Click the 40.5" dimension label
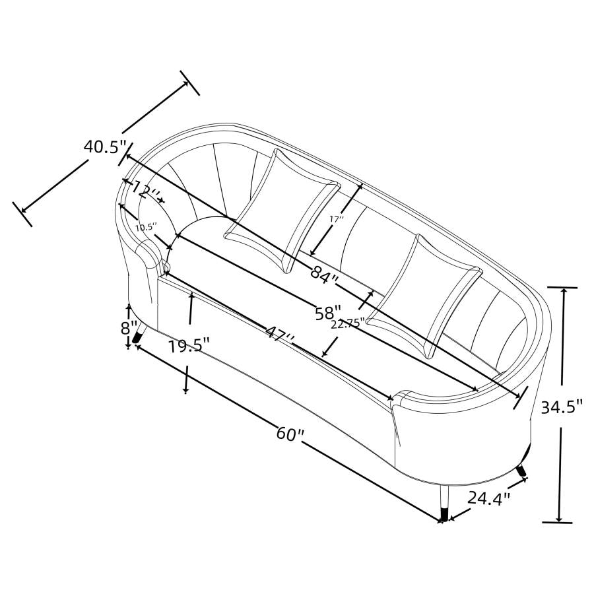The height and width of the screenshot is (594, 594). [x=105, y=147]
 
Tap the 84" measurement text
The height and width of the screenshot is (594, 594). [x=324, y=272]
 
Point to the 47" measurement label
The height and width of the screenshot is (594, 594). [x=280, y=333]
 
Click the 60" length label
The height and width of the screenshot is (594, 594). [x=290, y=434]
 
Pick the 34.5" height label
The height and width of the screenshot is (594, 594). [x=561, y=407]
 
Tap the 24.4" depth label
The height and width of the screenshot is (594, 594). [x=489, y=498]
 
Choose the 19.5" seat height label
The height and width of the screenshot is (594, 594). [x=189, y=346]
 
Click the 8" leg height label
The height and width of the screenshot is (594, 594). [x=129, y=328]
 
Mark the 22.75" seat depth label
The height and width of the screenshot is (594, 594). [x=347, y=324]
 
